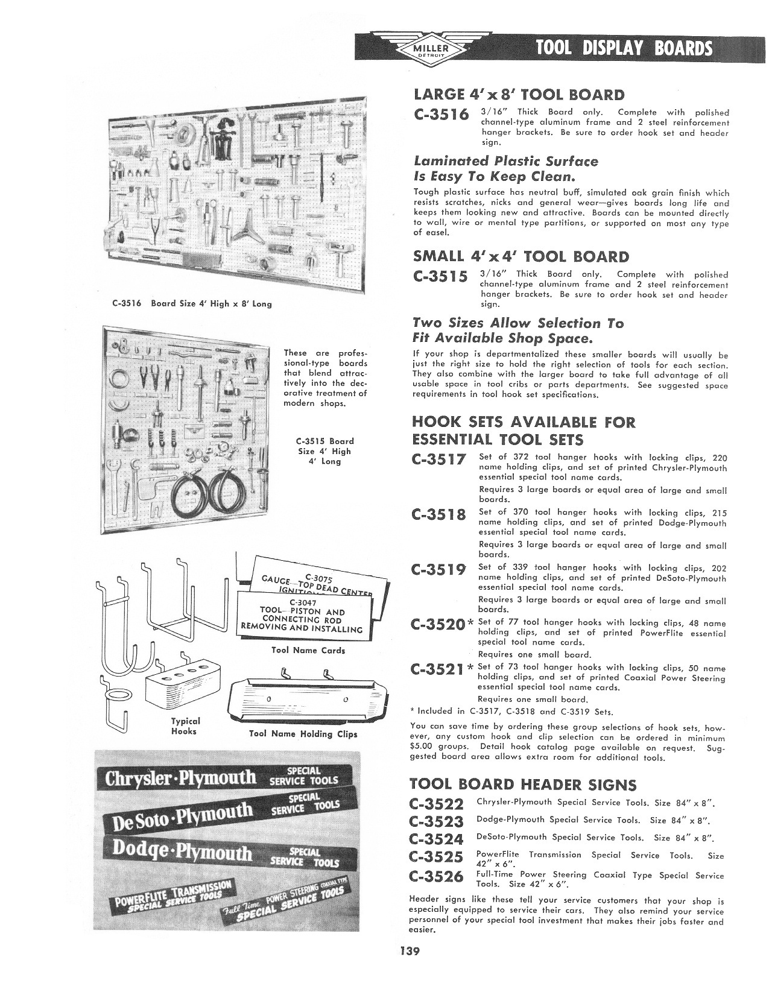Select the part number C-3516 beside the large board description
[x=441, y=115]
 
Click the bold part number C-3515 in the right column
[x=441, y=277]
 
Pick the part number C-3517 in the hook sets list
[x=439, y=460]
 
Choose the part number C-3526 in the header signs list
[x=435, y=876]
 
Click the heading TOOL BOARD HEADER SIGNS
[x=522, y=784]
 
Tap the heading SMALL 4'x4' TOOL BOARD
[x=521, y=256]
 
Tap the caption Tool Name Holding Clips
[x=303, y=734]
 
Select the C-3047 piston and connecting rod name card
[x=302, y=615]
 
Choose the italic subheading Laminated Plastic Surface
[x=505, y=161]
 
